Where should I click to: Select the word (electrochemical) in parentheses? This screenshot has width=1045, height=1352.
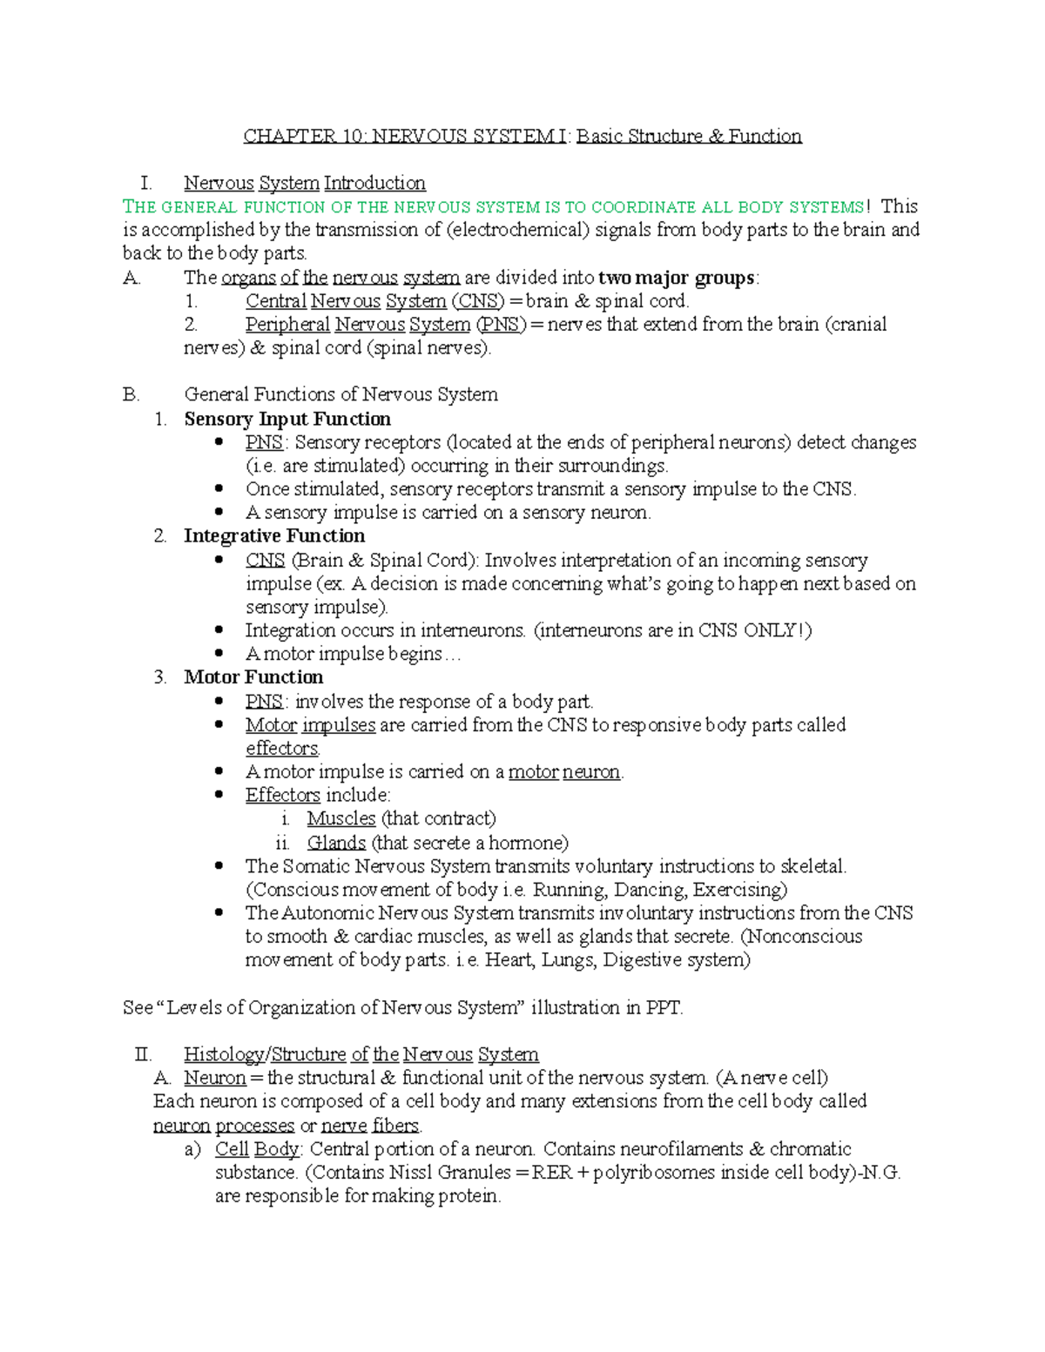point(517,230)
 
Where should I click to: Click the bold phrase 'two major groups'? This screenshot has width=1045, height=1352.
point(677,278)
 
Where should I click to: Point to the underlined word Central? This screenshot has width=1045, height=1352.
point(275,301)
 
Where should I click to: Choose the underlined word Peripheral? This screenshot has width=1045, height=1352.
point(287,325)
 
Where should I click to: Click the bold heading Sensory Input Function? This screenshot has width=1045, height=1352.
point(287,419)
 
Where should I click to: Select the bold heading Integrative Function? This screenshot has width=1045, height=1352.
point(274,536)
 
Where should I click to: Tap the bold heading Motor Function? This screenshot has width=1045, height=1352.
point(253,677)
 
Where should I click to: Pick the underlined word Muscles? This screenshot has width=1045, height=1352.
point(340,818)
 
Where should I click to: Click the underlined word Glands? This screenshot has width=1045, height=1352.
point(336,843)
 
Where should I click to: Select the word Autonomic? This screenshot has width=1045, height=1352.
point(327,913)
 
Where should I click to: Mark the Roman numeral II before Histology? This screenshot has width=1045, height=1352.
point(143,1055)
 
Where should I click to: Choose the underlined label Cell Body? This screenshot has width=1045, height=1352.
point(258,1149)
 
